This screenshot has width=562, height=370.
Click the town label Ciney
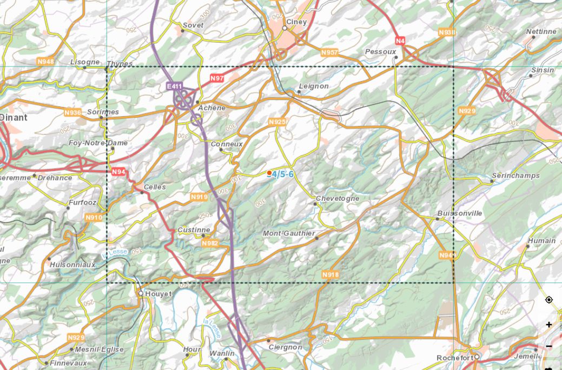[296, 22]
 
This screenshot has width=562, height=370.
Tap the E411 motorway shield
[175, 86]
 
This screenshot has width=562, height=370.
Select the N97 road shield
[217, 79]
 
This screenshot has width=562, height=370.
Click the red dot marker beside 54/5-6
[269, 173]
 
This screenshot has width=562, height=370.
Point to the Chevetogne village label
[337, 198]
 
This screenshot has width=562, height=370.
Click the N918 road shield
[330, 275]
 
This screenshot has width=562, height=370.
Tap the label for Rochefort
[454, 358]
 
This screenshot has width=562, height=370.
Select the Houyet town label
[159, 294]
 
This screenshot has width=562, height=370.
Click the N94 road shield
[118, 172]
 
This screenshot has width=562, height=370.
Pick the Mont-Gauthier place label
[288, 233]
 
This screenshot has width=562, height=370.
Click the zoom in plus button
[549, 325]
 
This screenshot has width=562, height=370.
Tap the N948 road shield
[45, 62]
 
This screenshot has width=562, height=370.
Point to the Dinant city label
[13, 117]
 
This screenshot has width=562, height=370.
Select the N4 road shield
[400, 41]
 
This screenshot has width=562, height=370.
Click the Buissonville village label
[459, 213]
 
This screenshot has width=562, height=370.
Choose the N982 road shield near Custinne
[209, 244]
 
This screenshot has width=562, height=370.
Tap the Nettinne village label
[541, 32]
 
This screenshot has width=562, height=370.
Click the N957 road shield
[329, 52]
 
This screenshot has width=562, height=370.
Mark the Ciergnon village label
[285, 347]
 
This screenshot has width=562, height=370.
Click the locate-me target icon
[549, 300]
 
